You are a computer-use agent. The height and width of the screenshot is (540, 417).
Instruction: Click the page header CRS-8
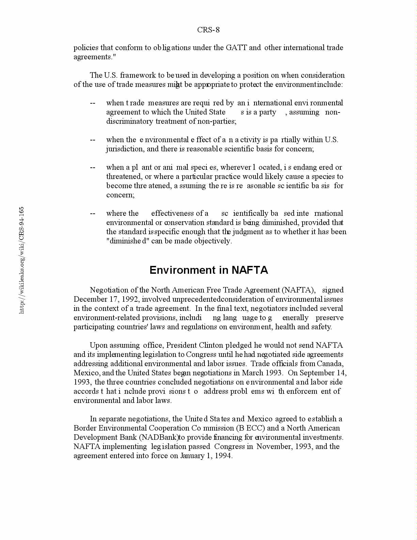tap(208, 30)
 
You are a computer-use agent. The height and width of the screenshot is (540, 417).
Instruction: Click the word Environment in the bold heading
tap(184, 270)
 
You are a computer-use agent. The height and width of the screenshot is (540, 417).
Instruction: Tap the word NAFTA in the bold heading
tap(250, 270)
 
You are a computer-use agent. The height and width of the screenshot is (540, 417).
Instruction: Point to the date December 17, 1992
tap(106, 299)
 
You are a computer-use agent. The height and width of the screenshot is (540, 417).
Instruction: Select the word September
tap(318, 373)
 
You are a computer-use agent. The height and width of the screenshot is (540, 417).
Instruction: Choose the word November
tap(274, 447)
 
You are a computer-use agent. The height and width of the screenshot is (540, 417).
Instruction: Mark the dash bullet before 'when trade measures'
tap(92, 103)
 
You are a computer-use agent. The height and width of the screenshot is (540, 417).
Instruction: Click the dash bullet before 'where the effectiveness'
tap(92, 213)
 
